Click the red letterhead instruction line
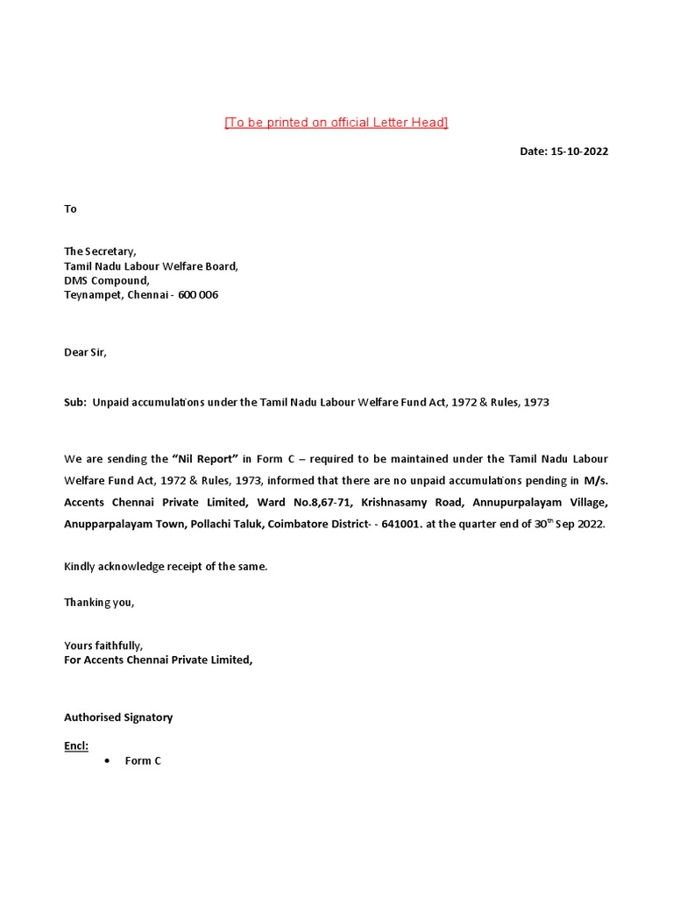(336, 123)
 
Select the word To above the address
(70, 208)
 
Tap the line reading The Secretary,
(100, 251)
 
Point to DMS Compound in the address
(106, 280)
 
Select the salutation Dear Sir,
(85, 352)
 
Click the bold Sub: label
(74, 402)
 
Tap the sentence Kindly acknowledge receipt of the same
(166, 567)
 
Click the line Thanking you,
(99, 603)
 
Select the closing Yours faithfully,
(103, 646)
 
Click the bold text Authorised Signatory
(118, 717)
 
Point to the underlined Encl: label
(76, 746)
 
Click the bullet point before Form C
(106, 761)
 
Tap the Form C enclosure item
(143, 761)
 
